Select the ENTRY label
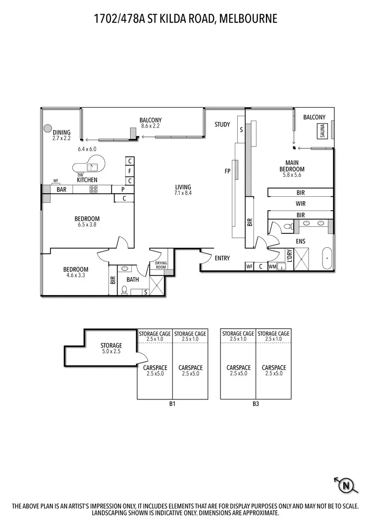(x=222, y=258)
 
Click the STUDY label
(x=222, y=125)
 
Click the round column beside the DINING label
(x=48, y=128)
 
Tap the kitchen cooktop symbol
(x=93, y=189)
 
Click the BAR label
(x=61, y=189)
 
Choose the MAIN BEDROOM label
(x=291, y=166)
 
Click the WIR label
(x=300, y=204)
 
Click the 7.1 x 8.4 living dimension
(x=183, y=193)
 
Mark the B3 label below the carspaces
(x=256, y=404)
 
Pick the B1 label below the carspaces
(x=172, y=404)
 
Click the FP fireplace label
(x=227, y=172)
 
